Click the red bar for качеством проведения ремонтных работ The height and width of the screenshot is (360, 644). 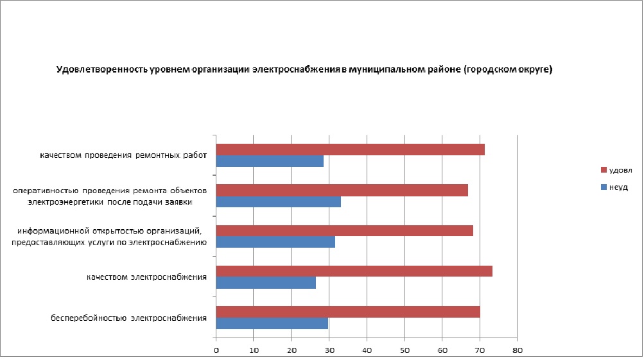coord(350,150)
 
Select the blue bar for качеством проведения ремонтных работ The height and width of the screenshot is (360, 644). coord(270,161)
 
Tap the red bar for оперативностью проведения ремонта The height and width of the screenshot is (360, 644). coord(342,190)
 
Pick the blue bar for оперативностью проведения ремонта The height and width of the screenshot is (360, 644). coord(278,202)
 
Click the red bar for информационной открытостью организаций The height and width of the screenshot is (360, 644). coord(344,230)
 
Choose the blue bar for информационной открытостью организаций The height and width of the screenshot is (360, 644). coord(275,242)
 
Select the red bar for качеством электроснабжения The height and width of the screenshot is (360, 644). coord(354,271)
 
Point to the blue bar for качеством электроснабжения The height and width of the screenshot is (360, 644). coord(266,282)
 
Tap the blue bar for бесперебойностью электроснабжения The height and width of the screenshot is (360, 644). coord(272,323)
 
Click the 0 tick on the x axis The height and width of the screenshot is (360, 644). coord(216,350)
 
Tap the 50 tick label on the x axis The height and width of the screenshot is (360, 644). coord(405,350)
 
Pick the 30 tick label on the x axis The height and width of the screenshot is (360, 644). coord(329,350)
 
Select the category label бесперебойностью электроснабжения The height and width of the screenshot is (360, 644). coord(128,318)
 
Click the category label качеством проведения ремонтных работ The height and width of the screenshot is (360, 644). coord(123,155)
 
